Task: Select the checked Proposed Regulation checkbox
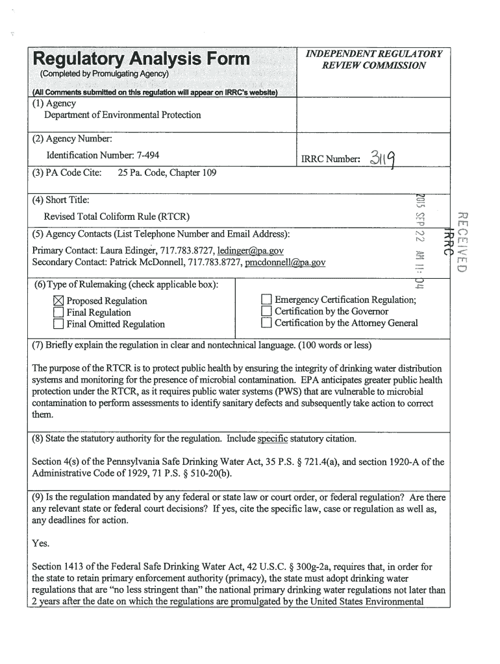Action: point(58,301)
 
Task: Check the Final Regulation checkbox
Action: point(58,313)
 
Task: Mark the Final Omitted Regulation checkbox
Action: point(58,324)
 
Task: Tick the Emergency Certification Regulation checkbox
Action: point(266,300)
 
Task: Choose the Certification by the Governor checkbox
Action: point(266,311)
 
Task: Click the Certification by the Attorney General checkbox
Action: point(266,323)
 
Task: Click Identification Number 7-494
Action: point(103,156)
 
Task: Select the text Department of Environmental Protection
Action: point(122,115)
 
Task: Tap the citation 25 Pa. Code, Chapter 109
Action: point(168,173)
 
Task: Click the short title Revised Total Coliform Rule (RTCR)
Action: point(117,216)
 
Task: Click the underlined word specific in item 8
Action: point(272,439)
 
